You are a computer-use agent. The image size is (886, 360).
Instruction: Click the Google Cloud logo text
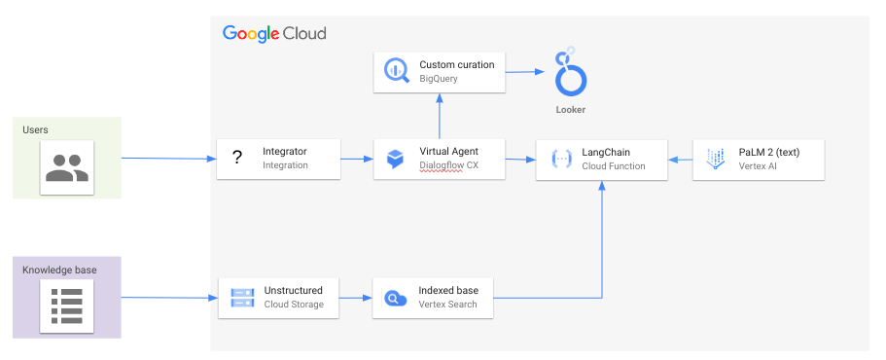274,33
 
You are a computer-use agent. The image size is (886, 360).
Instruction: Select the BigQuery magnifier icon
397,71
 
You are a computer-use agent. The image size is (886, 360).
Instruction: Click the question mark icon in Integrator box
237,158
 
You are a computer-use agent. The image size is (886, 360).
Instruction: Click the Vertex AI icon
716,159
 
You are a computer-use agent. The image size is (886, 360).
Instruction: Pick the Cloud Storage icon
240,297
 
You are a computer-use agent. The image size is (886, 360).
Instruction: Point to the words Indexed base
448,290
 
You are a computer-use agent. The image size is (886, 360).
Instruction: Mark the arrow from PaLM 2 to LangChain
680,159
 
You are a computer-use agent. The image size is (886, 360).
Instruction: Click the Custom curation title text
457,64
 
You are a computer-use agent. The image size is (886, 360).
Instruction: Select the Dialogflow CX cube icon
395,159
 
